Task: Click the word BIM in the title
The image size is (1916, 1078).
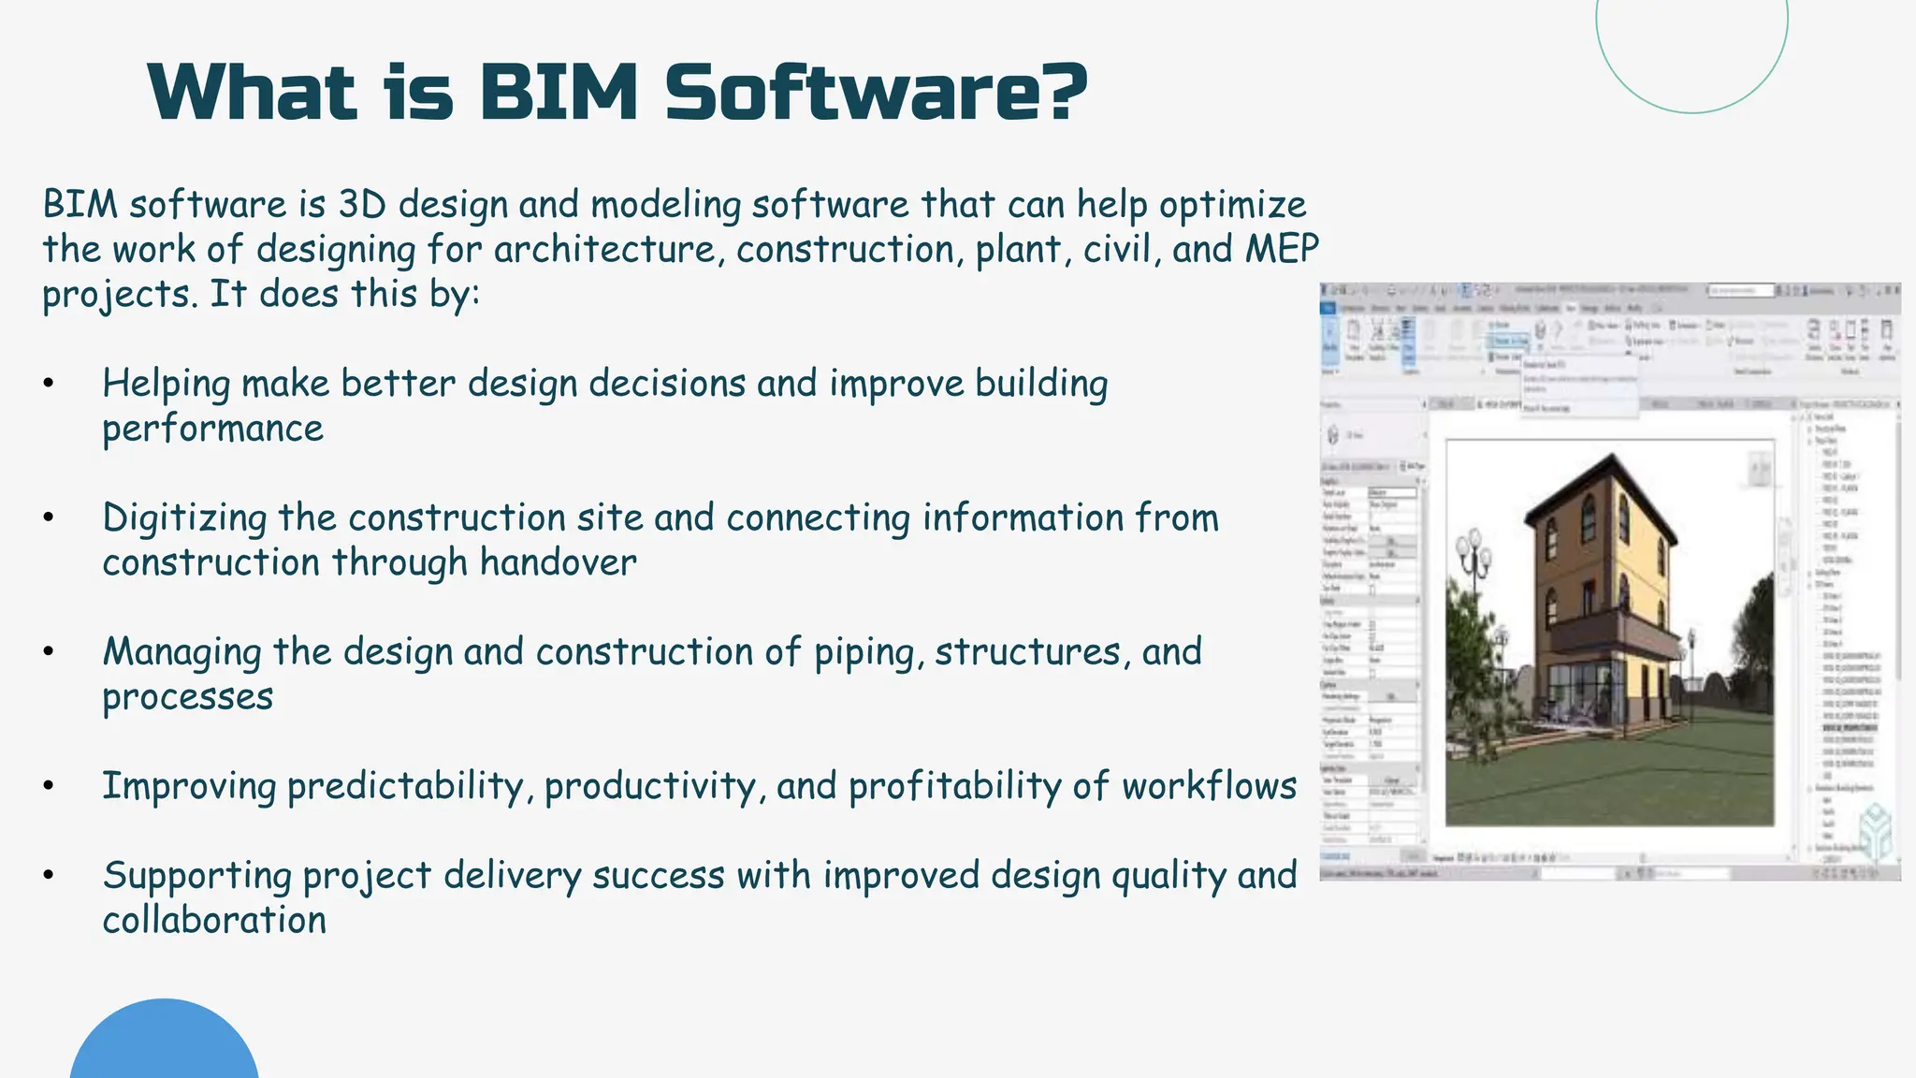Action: (559, 93)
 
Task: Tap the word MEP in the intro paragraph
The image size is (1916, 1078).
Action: (1282, 249)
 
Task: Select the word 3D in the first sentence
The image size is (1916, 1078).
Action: (361, 204)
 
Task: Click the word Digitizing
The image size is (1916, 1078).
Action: (184, 518)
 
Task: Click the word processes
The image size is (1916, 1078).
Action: (187, 697)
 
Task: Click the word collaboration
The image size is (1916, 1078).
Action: (214, 920)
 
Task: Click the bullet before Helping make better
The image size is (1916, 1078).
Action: (49, 384)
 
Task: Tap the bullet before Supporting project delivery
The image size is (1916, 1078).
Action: (49, 876)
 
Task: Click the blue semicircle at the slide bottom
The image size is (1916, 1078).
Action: (164, 1043)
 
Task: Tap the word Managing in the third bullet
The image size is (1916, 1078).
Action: (181, 652)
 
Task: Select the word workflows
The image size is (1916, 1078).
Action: (1209, 786)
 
